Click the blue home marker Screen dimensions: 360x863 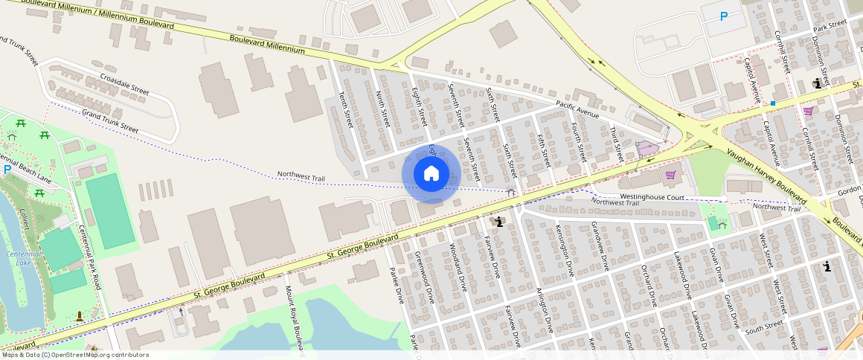[431, 174]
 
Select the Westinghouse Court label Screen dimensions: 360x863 [652, 197]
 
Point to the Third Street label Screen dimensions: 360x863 [616, 144]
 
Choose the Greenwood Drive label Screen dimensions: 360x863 [424, 277]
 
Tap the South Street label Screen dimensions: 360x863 [765, 326]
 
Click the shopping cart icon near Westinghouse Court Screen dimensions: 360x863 [671, 175]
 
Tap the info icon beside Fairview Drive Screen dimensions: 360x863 [498, 222]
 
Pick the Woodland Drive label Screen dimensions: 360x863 [458, 266]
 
